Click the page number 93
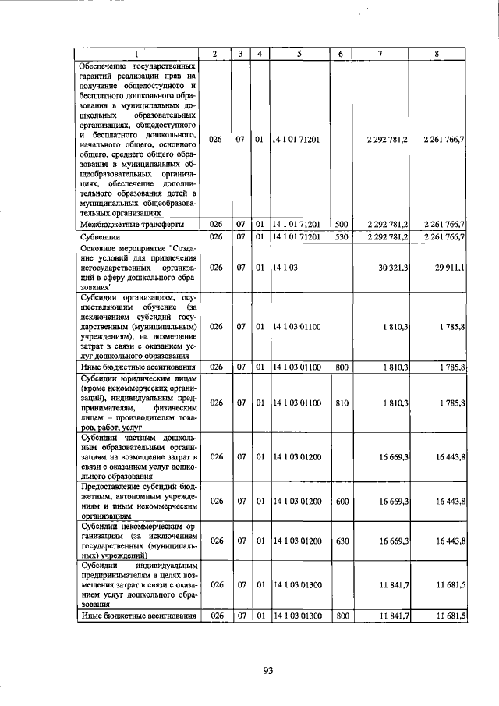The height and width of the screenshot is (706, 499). click(267, 670)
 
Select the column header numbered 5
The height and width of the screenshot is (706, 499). click(299, 54)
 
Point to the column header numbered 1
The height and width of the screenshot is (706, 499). click(138, 54)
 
